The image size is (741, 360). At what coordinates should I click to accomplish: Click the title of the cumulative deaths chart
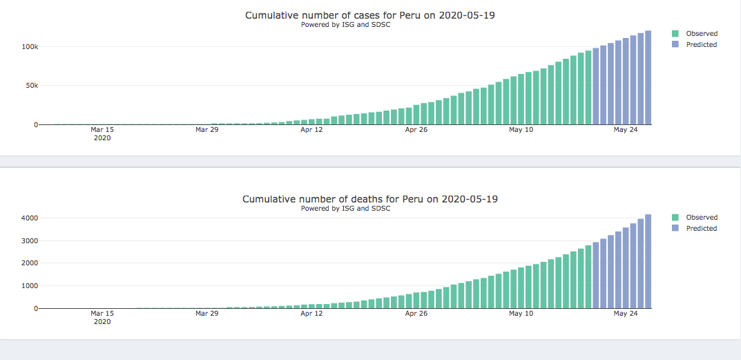[369, 199]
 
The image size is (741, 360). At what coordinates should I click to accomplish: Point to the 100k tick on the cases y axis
[28, 46]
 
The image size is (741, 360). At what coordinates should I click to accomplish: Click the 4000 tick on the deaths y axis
[28, 218]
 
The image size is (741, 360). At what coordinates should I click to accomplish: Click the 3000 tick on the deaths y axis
[28, 240]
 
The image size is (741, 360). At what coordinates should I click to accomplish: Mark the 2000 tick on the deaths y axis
[28, 263]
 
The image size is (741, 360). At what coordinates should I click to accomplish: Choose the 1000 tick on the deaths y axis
[28, 285]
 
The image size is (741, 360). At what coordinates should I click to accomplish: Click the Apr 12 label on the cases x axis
[311, 129]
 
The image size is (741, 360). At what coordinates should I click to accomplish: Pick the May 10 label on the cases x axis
[521, 129]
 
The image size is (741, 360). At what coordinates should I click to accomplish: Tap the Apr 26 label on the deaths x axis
[416, 313]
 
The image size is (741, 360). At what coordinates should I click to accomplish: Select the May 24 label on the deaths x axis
[625, 313]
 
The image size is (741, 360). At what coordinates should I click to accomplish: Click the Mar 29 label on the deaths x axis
[206, 313]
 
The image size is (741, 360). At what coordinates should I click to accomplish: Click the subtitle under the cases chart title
[345, 24]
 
